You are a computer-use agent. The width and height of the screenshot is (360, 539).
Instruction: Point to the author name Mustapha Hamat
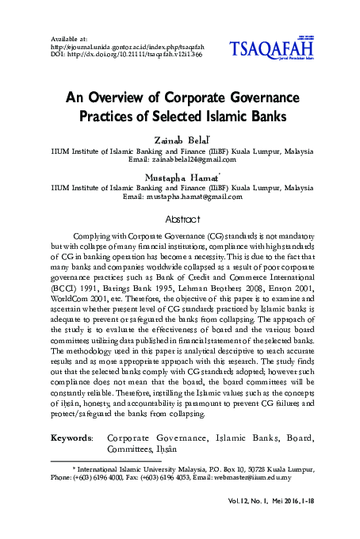click(x=179, y=178)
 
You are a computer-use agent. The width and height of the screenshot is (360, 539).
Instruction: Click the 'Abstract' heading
click(x=179, y=216)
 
